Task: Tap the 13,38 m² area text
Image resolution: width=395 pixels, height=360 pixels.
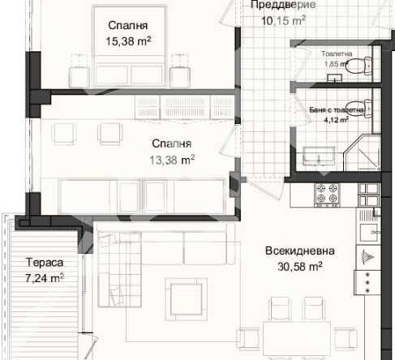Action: point(172,160)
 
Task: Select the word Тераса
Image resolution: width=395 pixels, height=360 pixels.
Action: point(44,263)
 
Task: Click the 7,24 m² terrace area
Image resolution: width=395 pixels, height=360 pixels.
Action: point(45,277)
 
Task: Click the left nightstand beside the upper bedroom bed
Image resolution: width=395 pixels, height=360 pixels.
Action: point(79,64)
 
